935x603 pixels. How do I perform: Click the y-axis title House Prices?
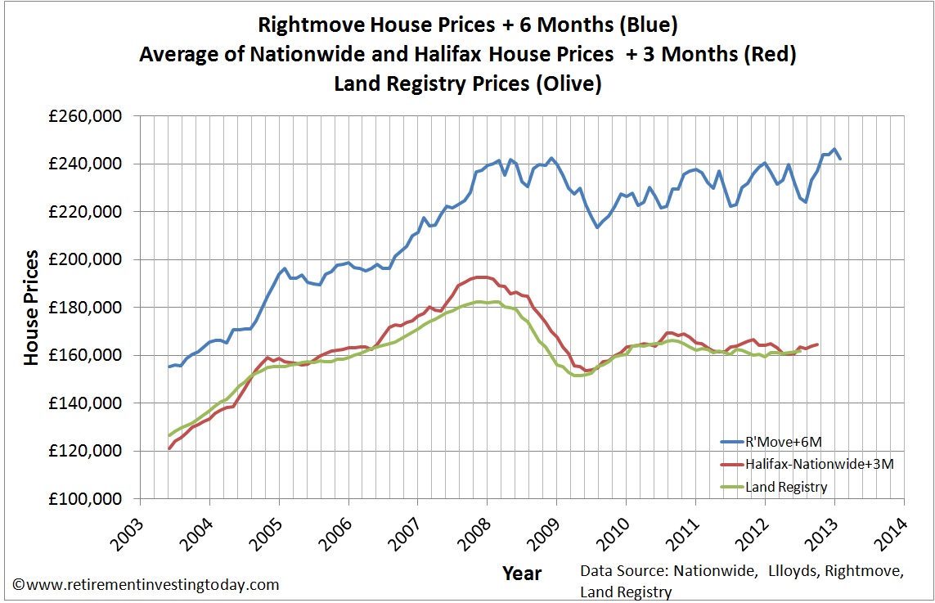(x=31, y=307)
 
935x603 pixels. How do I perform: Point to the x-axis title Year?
(x=522, y=574)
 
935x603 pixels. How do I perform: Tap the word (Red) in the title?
(x=773, y=55)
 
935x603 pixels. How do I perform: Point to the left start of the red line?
(x=169, y=448)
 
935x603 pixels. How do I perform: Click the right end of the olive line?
(x=800, y=351)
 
